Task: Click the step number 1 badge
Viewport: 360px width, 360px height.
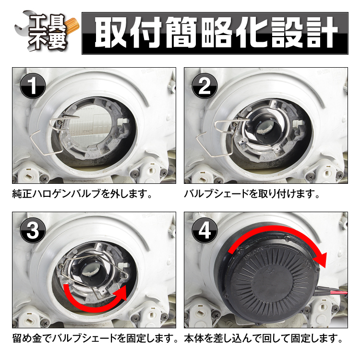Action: pos(33,86)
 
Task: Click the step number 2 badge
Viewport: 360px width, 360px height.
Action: pos(204,86)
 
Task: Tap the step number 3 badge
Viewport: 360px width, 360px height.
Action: pos(33,230)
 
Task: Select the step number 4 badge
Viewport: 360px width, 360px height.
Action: pos(204,230)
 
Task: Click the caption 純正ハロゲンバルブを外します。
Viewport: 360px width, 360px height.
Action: pos(83,194)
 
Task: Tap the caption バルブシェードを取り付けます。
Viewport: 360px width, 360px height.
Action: pos(252,194)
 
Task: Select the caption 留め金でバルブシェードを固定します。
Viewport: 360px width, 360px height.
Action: pos(95,338)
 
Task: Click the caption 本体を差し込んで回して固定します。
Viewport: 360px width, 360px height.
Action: pos(264,338)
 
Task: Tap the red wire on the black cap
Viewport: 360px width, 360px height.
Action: pos(336,293)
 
